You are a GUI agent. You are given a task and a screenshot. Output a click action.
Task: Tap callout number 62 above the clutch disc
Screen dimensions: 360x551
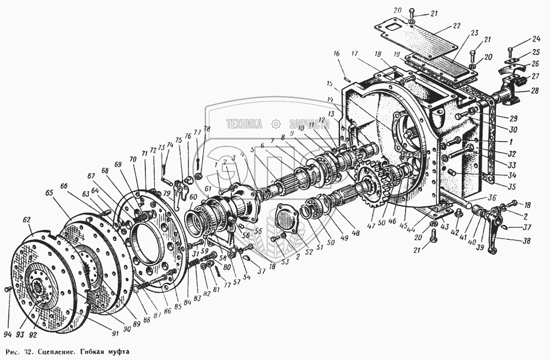tap(26, 219)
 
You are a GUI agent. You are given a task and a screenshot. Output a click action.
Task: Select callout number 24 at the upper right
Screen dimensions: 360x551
tap(521, 40)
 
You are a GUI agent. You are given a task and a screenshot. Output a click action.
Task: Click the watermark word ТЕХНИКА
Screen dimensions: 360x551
tap(244, 125)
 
